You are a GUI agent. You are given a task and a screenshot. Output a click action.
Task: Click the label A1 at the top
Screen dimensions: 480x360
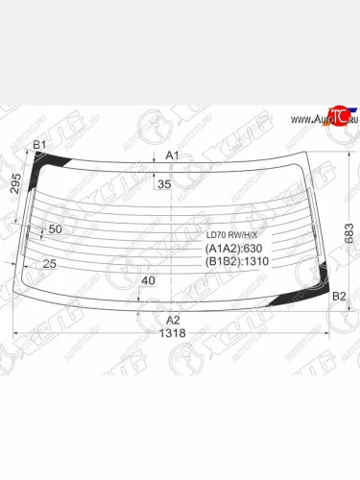(x=172, y=155)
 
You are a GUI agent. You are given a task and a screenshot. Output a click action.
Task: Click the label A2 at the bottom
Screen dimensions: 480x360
(x=173, y=320)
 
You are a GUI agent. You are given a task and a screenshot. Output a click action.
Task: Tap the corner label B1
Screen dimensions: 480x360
(x=39, y=146)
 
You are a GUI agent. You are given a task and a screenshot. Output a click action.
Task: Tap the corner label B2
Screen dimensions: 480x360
(x=338, y=297)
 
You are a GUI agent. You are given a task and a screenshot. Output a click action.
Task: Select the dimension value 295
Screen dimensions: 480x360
(x=15, y=185)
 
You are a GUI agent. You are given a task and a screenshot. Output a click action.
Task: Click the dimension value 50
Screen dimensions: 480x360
(x=55, y=229)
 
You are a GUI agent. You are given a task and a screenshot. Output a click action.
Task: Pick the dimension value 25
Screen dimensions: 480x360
(x=49, y=263)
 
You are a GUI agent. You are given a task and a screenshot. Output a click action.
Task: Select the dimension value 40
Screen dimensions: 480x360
(x=147, y=280)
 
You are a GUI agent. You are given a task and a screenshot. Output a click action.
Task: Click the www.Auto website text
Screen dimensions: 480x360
(x=306, y=120)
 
